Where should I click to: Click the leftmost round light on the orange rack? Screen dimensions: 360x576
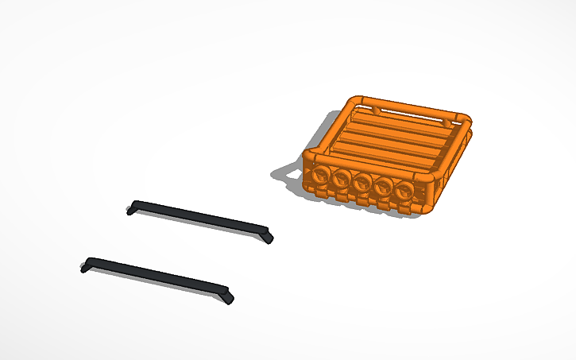click(322, 176)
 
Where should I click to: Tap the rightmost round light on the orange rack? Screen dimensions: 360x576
click(405, 190)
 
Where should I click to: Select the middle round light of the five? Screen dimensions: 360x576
click(363, 183)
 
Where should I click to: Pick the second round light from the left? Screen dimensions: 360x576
click(342, 179)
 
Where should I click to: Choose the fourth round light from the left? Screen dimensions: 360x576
click(385, 187)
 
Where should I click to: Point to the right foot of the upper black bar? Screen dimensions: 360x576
click(268, 236)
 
